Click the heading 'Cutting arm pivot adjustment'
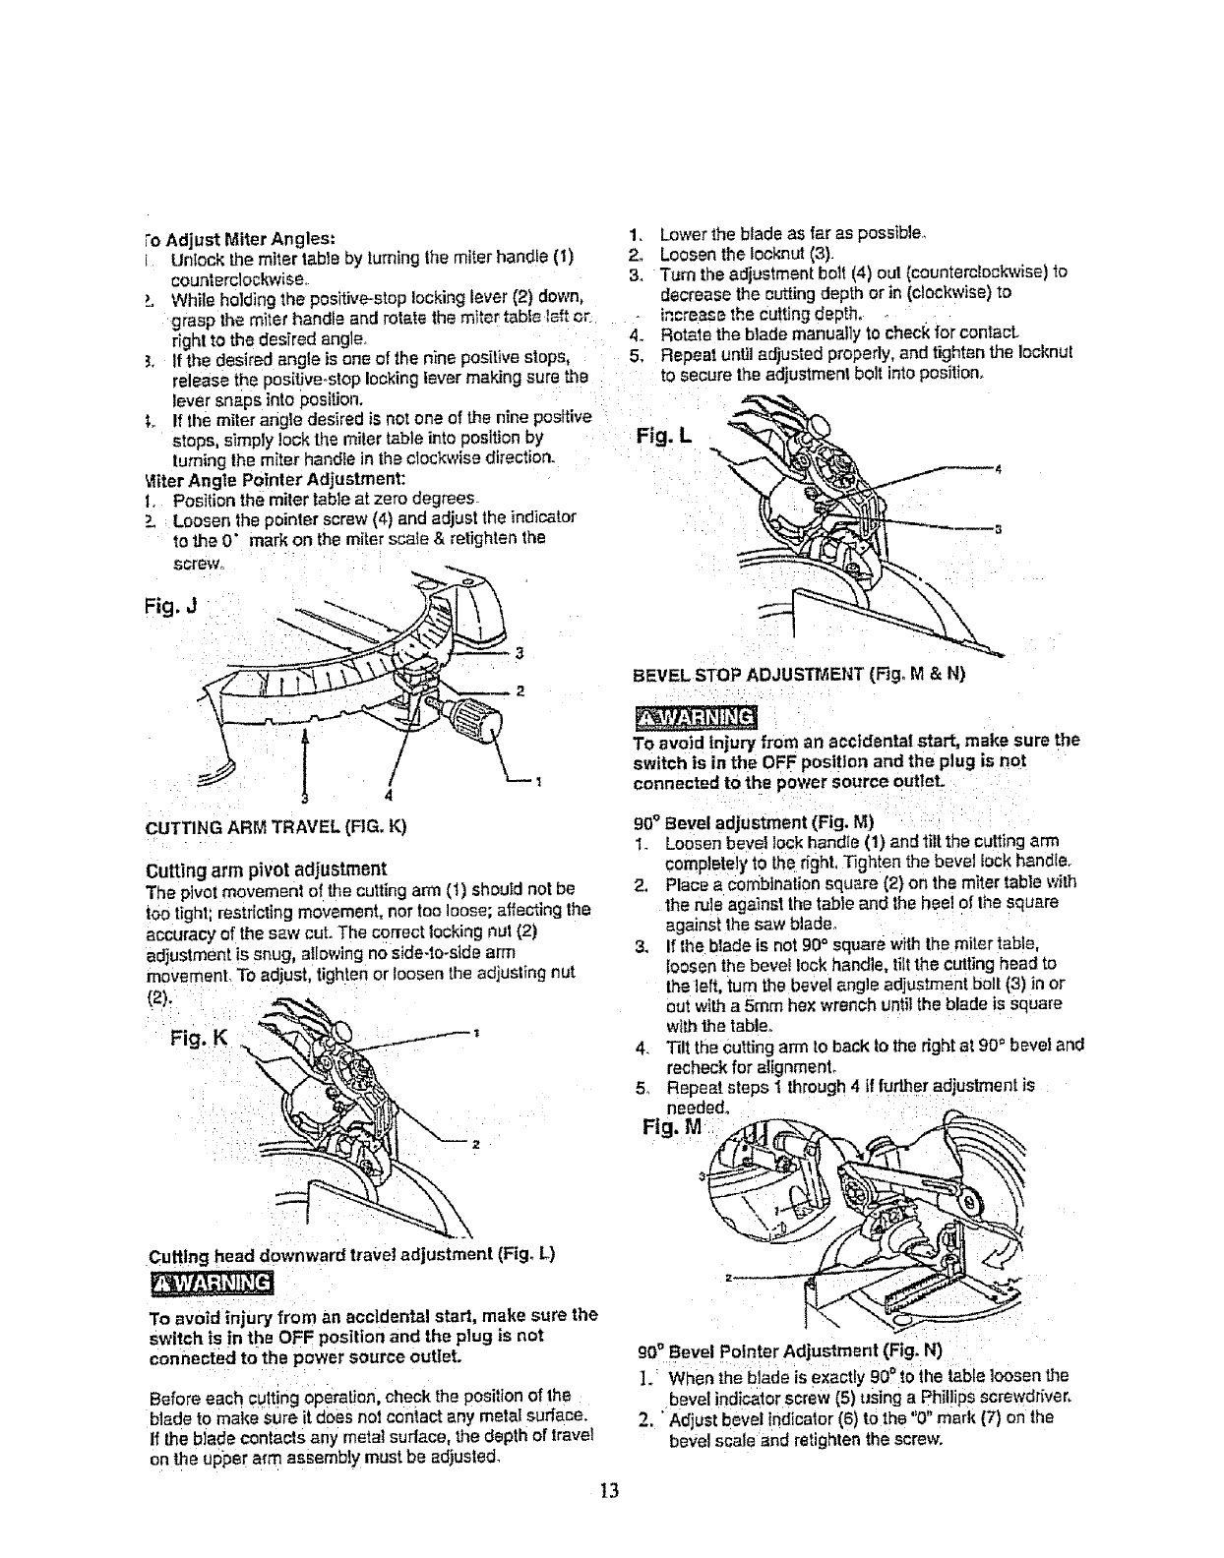point(266,869)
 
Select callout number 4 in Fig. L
point(999,468)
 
